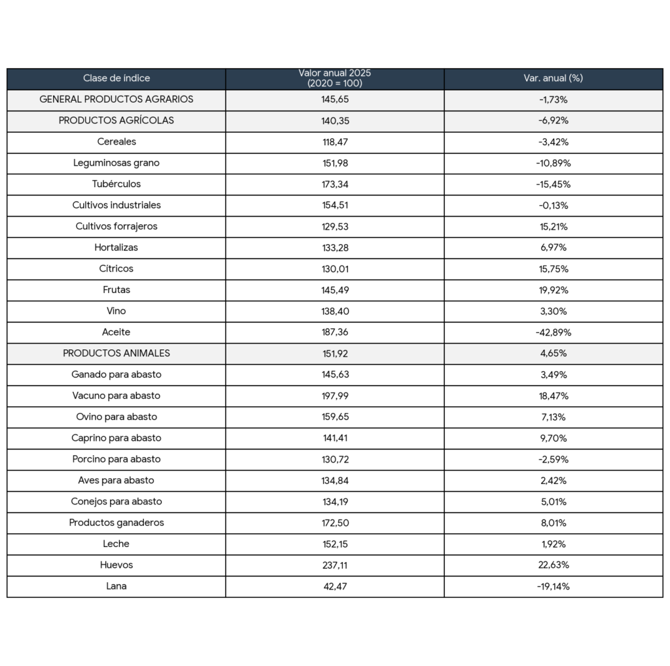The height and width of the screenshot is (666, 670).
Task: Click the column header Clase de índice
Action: point(116,79)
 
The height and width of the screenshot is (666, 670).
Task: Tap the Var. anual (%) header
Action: point(553,79)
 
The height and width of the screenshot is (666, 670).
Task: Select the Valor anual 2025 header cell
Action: point(334,79)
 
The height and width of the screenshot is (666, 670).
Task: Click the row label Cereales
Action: point(116,142)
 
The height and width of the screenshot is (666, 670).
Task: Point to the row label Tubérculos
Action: point(116,184)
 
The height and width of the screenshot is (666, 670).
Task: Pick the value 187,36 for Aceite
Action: point(334,332)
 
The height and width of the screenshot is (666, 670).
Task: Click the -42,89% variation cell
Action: point(553,332)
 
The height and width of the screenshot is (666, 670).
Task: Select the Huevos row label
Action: point(116,565)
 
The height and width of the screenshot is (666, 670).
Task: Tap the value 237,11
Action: point(334,565)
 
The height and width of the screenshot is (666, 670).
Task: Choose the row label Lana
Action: point(116,586)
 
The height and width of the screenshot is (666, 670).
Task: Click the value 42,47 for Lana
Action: point(334,586)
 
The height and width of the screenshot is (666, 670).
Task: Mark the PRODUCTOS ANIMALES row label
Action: point(116,353)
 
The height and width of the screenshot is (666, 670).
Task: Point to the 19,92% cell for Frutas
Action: point(553,290)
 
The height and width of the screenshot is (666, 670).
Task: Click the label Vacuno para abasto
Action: point(116,396)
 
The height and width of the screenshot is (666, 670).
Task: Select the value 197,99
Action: point(334,396)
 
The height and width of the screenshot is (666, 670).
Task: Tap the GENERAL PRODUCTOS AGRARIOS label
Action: point(116,99)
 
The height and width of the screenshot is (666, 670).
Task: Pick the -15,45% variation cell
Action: point(553,184)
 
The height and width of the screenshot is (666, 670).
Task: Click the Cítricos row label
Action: point(116,269)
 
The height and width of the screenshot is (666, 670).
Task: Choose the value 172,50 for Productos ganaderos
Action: point(334,523)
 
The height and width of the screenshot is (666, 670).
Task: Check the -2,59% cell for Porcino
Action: point(553,459)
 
